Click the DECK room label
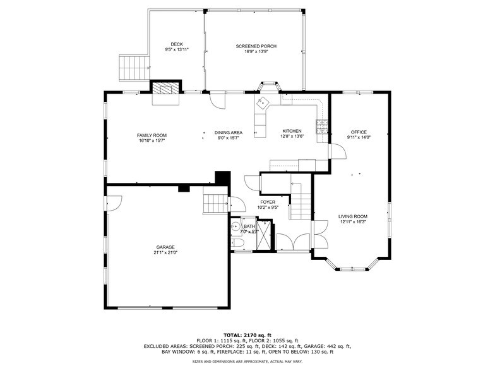[x=177, y=44]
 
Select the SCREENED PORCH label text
[x=256, y=46]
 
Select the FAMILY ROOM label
[x=152, y=135]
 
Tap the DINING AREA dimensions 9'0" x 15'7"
[x=229, y=138]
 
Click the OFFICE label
[x=359, y=132]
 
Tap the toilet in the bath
[x=238, y=244]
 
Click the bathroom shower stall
[x=266, y=235]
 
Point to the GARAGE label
[x=165, y=247]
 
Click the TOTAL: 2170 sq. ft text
[x=247, y=335]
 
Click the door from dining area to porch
[x=217, y=100]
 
